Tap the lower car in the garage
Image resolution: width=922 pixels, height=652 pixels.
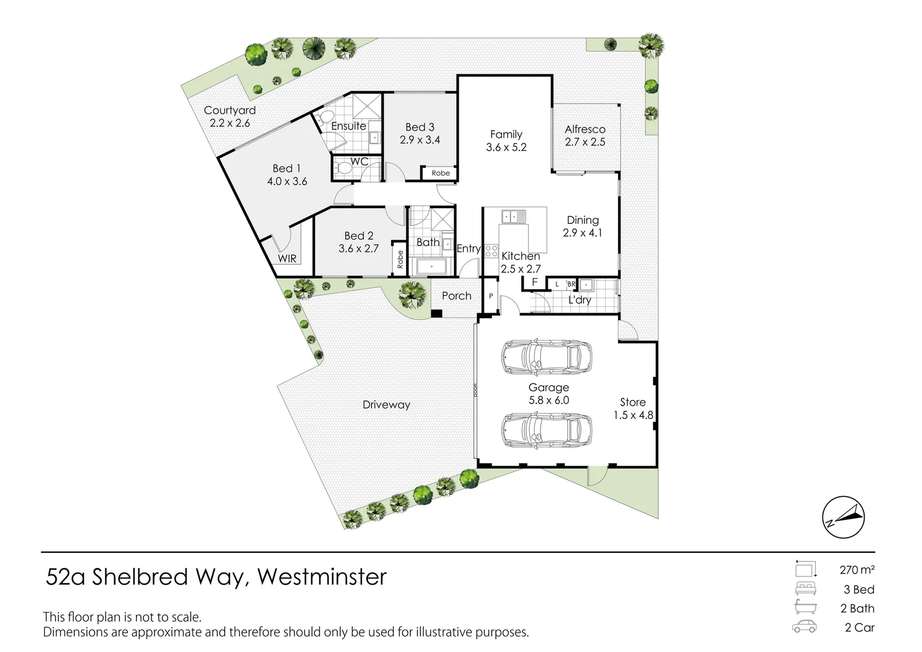[546, 429]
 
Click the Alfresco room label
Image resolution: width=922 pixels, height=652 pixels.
[585, 129]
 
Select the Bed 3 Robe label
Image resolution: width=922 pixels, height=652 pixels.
[440, 173]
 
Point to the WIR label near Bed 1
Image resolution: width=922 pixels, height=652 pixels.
[287, 258]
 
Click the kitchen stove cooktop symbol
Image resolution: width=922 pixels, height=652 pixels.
[491, 251]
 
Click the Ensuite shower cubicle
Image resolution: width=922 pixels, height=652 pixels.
[367, 106]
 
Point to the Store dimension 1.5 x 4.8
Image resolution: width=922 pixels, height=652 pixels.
[633, 415]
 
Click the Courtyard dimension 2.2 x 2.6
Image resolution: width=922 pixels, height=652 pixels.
[230, 123]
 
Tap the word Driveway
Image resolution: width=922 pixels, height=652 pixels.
[386, 405]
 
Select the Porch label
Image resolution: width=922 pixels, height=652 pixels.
[456, 296]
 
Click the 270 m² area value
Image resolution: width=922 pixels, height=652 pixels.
[857, 569]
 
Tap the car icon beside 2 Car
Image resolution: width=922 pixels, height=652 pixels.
[804, 627]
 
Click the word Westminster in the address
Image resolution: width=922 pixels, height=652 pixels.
[322, 577]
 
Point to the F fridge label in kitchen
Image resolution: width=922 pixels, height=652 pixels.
[535, 282]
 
